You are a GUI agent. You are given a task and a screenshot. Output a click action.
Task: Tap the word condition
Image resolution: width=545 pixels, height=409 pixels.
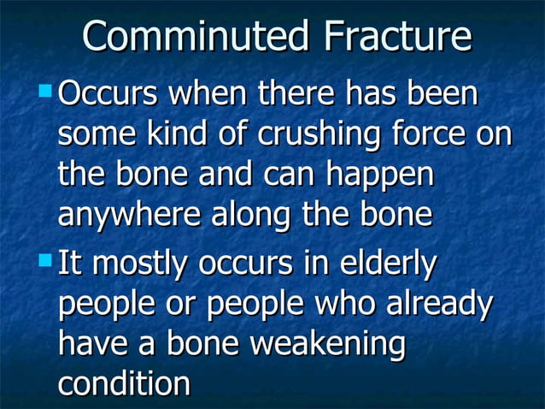click(124, 384)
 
